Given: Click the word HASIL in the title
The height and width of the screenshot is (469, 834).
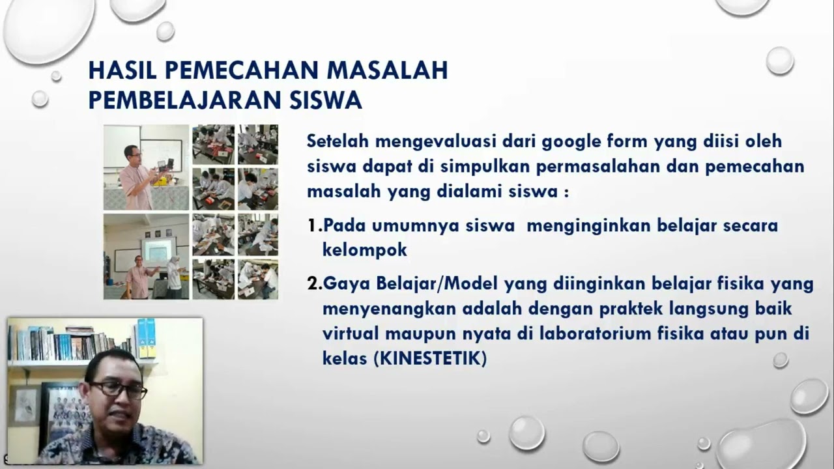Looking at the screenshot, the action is pyautogui.click(x=122, y=70).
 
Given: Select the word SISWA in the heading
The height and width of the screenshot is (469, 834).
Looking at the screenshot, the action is pyautogui.click(x=326, y=100).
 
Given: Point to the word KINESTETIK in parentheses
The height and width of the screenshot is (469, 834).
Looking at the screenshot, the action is pyautogui.click(x=430, y=359).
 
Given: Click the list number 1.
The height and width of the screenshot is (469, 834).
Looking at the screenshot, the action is pyautogui.click(x=313, y=225).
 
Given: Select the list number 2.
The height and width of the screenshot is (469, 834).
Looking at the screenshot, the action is pyautogui.click(x=313, y=283).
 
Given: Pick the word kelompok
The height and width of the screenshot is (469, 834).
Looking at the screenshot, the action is pyautogui.click(x=364, y=249).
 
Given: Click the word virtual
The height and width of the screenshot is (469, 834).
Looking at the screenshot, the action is pyautogui.click(x=350, y=334).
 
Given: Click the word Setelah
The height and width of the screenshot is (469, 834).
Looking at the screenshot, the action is pyautogui.click(x=338, y=141).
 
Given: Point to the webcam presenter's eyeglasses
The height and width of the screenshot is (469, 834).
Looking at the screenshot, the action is pyautogui.click(x=118, y=390).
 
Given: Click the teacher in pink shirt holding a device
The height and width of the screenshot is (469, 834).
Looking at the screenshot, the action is pyautogui.click(x=137, y=177).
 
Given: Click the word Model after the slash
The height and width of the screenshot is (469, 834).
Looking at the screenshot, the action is pyautogui.click(x=471, y=283).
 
